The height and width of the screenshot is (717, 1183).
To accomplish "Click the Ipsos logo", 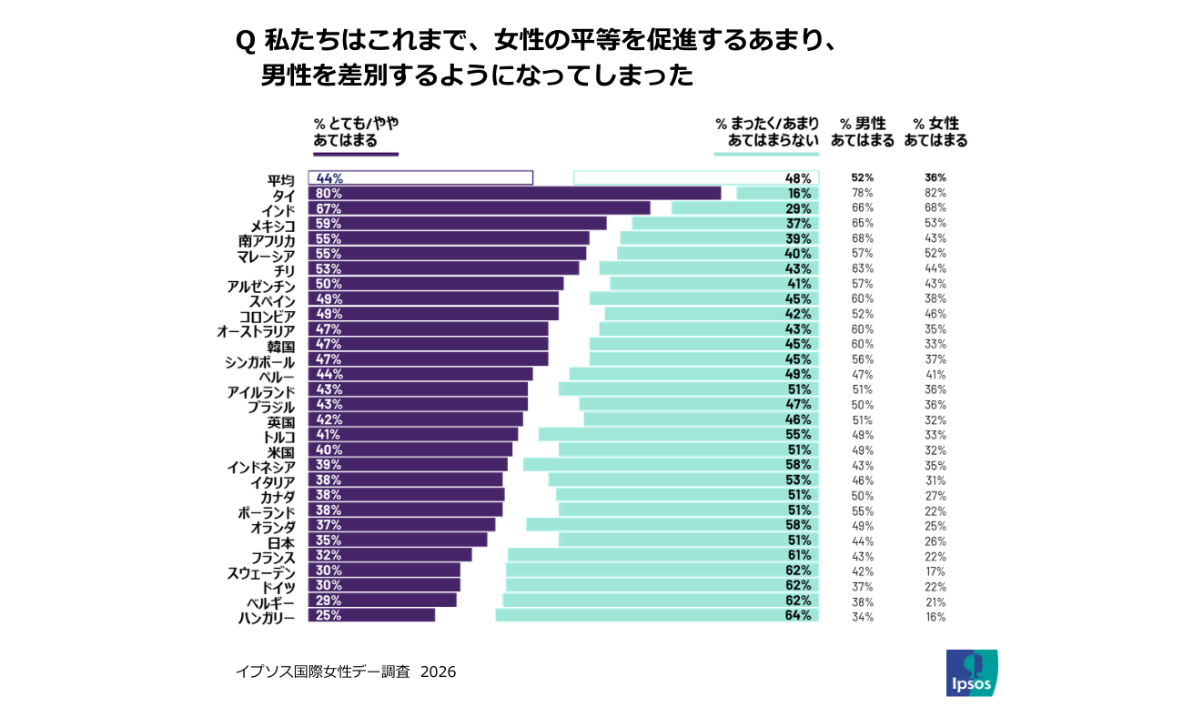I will [x=971, y=673].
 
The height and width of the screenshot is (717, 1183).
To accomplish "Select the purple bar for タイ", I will [x=514, y=193].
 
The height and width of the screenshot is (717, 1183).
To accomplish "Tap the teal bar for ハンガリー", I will [x=656, y=615].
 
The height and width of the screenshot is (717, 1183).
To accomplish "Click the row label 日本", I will [x=280, y=541].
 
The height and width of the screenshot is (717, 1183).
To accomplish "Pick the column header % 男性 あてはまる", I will [x=862, y=132].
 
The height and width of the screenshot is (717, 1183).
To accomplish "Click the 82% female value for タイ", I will [x=935, y=193].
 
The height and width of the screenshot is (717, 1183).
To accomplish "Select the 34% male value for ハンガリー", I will [x=862, y=616].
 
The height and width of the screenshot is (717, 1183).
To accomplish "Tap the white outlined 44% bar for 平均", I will [x=420, y=177].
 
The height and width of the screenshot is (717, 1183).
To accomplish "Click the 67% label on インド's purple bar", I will [x=329, y=208].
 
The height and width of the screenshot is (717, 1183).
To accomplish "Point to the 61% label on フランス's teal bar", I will [x=799, y=555].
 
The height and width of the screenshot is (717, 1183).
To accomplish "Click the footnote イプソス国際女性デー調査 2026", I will [x=346, y=672].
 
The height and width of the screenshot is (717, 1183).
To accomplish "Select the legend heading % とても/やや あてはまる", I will [x=356, y=132].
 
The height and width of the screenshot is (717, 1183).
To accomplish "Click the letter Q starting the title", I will [x=245, y=42].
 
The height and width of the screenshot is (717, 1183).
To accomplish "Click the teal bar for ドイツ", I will [x=662, y=585].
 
